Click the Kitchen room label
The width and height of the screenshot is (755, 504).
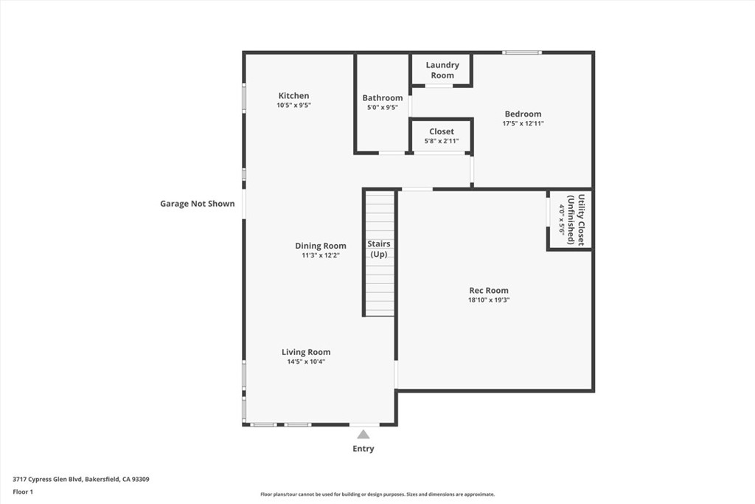pyautogui.click(x=293, y=95)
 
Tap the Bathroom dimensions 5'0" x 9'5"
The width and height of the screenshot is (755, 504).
pyautogui.click(x=383, y=108)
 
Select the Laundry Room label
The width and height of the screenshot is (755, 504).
pyautogui.click(x=442, y=70)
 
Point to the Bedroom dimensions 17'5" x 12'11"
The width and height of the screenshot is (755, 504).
pyautogui.click(x=523, y=123)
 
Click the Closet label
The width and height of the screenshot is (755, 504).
pyautogui.click(x=442, y=131)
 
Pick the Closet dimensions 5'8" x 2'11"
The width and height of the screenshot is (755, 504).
pyautogui.click(x=441, y=141)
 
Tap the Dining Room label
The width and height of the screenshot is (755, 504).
pyautogui.click(x=321, y=246)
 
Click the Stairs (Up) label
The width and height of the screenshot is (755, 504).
pyautogui.click(x=379, y=249)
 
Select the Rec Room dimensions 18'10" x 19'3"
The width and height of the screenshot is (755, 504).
pyautogui.click(x=489, y=300)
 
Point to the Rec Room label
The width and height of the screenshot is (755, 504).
pyautogui.click(x=489, y=290)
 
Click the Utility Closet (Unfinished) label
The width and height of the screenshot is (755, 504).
pyautogui.click(x=576, y=220)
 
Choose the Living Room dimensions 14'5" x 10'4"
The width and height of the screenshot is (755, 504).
pyautogui.click(x=306, y=362)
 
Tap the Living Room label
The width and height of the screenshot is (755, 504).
pyautogui.click(x=306, y=352)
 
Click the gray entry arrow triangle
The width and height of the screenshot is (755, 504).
pyautogui.click(x=363, y=435)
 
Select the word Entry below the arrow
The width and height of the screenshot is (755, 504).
pyautogui.click(x=363, y=449)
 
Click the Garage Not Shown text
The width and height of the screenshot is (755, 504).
pyautogui.click(x=198, y=204)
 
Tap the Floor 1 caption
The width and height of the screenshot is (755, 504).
pyautogui.click(x=23, y=492)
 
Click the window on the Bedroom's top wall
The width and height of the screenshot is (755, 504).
pyautogui.click(x=522, y=52)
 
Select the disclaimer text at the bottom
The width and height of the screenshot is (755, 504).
pyautogui.click(x=377, y=494)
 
